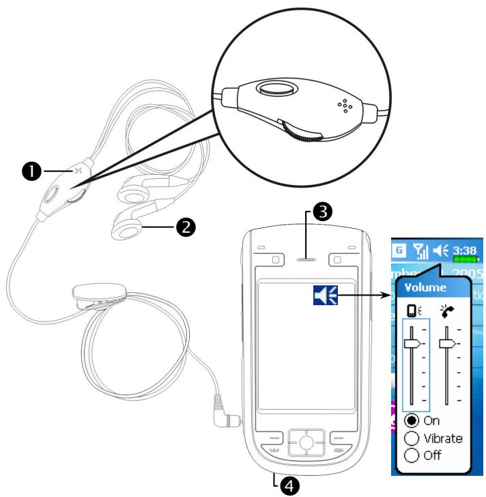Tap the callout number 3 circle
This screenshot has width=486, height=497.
click(322, 212)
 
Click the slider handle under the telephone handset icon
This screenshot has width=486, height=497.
click(447, 345)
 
